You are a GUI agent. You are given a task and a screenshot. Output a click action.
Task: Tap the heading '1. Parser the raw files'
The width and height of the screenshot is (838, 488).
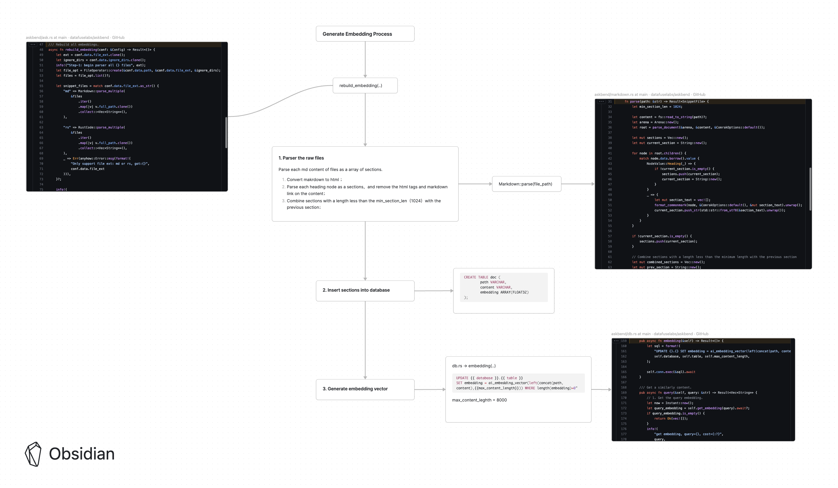point(301,158)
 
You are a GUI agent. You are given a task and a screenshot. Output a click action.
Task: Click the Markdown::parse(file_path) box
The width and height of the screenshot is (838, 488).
point(526,184)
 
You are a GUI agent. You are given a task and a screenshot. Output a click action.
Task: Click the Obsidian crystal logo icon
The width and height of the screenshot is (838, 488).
point(33,454)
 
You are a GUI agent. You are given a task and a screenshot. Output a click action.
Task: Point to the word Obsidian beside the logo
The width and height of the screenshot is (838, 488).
point(82,454)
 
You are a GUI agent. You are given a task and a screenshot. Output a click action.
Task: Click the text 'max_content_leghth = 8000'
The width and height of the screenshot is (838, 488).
point(479,400)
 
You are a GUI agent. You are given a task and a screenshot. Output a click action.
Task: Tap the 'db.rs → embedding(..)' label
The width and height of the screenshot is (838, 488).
point(474,366)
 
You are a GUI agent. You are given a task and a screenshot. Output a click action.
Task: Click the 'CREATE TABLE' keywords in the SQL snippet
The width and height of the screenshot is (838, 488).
point(476,277)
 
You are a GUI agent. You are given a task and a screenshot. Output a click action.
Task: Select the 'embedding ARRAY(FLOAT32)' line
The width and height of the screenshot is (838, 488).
point(504,292)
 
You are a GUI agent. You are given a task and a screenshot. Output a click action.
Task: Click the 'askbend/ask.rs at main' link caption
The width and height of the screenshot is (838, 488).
point(46,38)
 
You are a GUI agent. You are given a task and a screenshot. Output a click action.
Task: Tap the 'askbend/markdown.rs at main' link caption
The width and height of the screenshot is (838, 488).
point(621,94)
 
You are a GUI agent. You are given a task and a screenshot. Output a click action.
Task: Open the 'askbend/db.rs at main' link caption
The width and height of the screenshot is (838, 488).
point(631,334)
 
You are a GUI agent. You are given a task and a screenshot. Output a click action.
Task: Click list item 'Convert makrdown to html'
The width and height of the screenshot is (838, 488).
point(313,180)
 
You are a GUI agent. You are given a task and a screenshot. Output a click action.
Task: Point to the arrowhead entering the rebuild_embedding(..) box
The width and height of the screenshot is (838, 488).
point(365,76)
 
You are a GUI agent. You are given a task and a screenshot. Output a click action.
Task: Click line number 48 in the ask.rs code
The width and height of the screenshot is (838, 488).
point(41,49)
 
